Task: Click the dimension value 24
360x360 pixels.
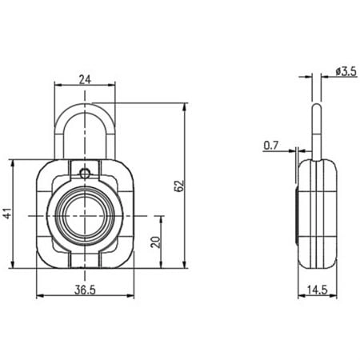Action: click(85, 78)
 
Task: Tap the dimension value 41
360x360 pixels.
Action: click(7, 214)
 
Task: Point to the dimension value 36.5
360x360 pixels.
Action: click(85, 289)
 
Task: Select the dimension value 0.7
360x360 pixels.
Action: click(270, 145)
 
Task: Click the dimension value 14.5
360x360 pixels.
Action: click(317, 289)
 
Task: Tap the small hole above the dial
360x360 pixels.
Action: click(85, 171)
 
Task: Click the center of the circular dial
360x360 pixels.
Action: click(85, 216)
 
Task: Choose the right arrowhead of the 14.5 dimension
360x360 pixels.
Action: click(334, 295)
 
